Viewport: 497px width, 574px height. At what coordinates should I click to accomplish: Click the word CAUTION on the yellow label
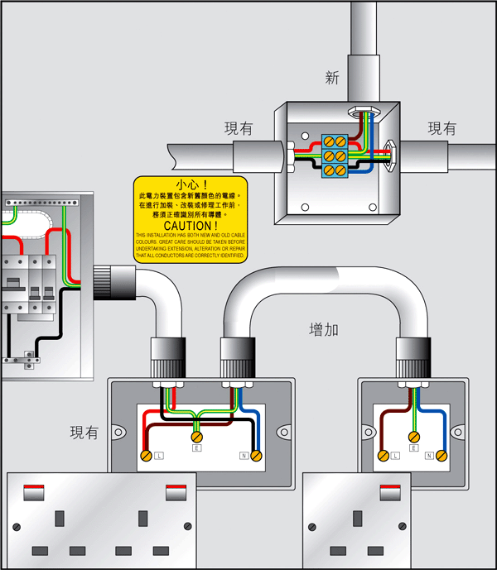(x=191, y=225)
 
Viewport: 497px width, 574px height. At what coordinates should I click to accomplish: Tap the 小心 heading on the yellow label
(x=191, y=184)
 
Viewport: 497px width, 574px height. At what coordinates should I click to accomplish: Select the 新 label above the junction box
(x=332, y=79)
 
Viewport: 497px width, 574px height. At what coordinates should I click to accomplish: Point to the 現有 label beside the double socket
(x=84, y=432)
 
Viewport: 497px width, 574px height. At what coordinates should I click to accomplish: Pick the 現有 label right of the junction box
(x=442, y=128)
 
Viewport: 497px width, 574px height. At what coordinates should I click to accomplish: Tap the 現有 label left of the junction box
(x=239, y=128)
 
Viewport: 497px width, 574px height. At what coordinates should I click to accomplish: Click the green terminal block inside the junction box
(x=335, y=155)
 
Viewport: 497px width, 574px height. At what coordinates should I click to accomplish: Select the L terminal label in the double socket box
(x=159, y=456)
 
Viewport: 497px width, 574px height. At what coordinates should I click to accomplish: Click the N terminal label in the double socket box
(x=244, y=456)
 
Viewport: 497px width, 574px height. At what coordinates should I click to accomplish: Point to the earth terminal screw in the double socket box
(x=196, y=437)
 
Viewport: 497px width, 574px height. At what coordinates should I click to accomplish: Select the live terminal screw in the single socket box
(x=383, y=456)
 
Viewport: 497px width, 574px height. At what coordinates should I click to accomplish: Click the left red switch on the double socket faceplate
(x=35, y=493)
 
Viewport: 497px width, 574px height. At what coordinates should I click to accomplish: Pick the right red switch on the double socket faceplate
(x=177, y=493)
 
